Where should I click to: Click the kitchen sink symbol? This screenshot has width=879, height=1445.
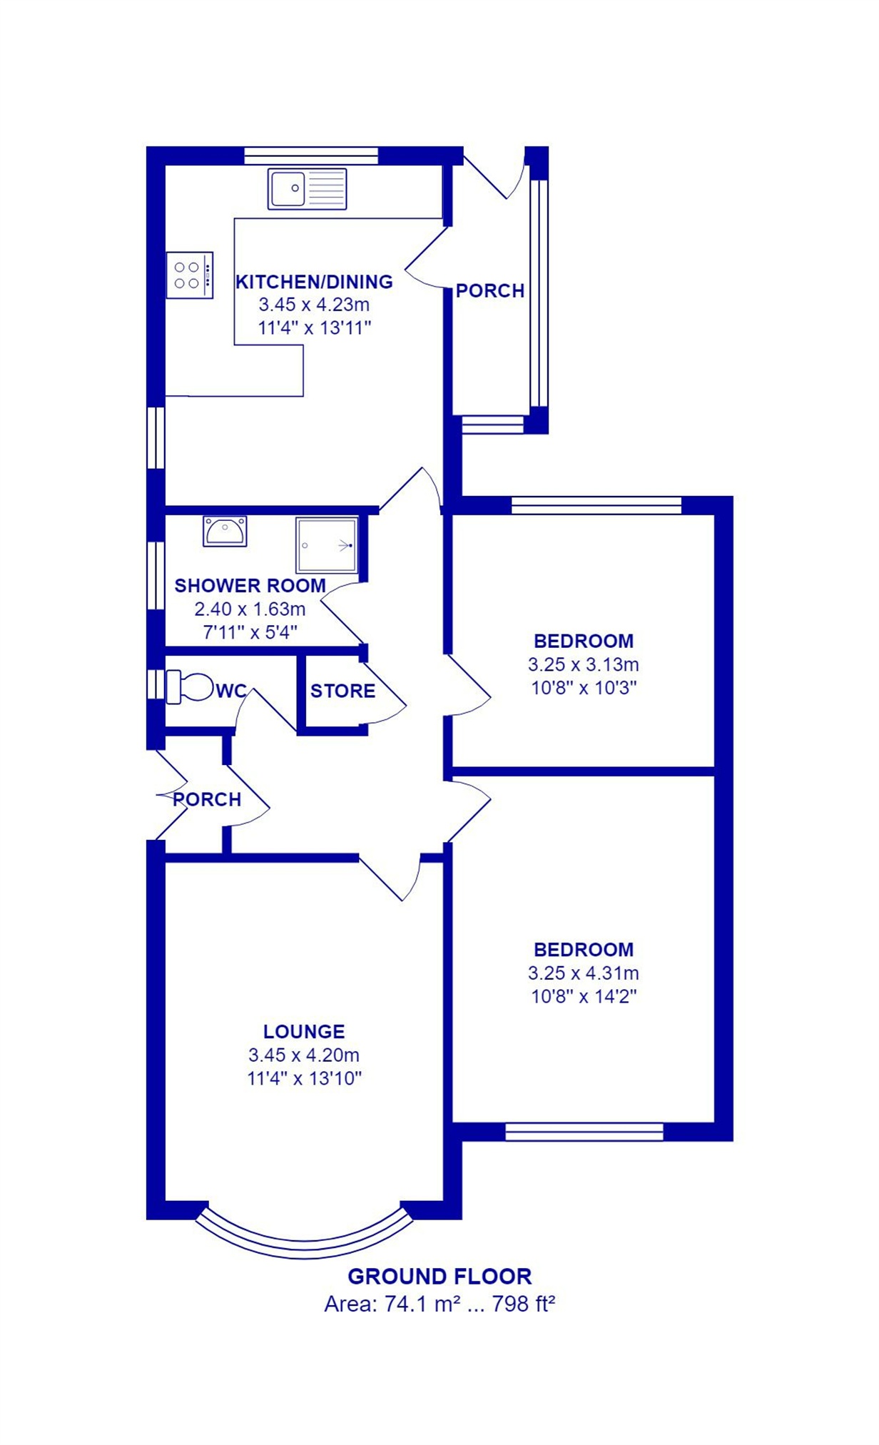point(307,188)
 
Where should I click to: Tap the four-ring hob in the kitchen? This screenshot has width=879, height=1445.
point(190,275)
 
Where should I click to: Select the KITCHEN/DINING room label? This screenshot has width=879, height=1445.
point(314,282)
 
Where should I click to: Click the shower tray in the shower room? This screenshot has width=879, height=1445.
point(327,544)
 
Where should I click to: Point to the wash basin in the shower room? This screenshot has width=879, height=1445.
point(225,531)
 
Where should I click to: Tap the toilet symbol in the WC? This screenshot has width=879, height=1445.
point(190,686)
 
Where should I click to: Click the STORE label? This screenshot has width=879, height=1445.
point(342,691)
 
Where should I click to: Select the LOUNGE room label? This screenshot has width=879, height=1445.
point(304,1031)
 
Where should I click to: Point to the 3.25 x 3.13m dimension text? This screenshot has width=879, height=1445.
point(584,664)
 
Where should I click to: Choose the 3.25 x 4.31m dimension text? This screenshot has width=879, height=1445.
point(584,973)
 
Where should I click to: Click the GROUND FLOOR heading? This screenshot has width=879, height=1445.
point(439,1276)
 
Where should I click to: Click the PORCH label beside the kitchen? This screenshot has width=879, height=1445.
point(490,290)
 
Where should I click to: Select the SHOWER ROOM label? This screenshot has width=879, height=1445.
point(250,586)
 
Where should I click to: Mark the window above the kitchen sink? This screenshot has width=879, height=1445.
point(311,156)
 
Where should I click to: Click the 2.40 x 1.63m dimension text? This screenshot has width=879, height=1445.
point(250,609)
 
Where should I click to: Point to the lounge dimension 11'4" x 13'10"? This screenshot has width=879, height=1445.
point(305,1078)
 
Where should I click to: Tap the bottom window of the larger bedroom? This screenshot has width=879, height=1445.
point(584,1132)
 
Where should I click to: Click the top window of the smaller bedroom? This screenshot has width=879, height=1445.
point(596,505)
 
